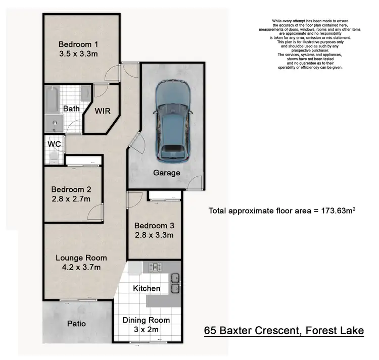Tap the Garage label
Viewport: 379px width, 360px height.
tap(167, 173)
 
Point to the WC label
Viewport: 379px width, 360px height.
tap(54, 144)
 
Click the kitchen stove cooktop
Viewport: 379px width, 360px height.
tap(155, 267)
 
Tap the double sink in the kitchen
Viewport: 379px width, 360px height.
tap(174, 283)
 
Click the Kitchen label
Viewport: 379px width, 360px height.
tap(147, 288)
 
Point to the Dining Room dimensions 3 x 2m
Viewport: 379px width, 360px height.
tap(147, 329)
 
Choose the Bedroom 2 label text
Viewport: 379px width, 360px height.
tap(71, 190)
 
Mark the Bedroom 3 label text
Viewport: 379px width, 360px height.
tap(154, 226)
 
